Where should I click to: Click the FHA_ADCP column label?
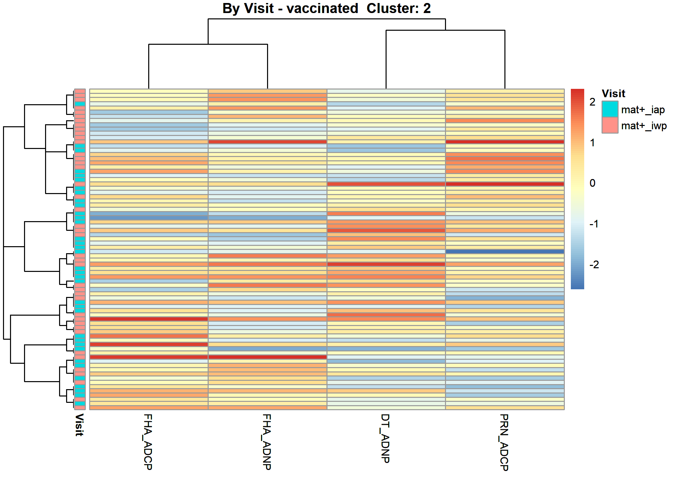[x=148, y=442]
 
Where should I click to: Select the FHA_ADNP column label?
[x=267, y=442]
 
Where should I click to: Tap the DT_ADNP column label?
[x=385, y=438]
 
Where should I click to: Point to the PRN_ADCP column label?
[x=504, y=442]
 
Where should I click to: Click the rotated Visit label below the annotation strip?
[x=79, y=425]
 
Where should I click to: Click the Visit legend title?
[x=613, y=94]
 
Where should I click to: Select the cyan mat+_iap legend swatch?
[x=610, y=109]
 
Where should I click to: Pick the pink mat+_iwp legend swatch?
[x=610, y=125]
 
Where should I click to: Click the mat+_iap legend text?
[x=643, y=110]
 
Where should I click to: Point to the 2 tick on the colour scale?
[x=593, y=102]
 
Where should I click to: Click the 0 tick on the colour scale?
[x=593, y=183]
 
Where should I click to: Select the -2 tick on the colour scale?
[x=594, y=265]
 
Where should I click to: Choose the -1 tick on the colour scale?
[x=594, y=224]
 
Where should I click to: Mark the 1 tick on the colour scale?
[x=593, y=143]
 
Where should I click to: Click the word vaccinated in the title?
[x=322, y=8]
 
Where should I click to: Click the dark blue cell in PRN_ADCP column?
[x=505, y=252]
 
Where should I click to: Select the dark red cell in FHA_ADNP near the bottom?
[x=267, y=357]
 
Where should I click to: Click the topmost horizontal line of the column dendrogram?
[x=327, y=19]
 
